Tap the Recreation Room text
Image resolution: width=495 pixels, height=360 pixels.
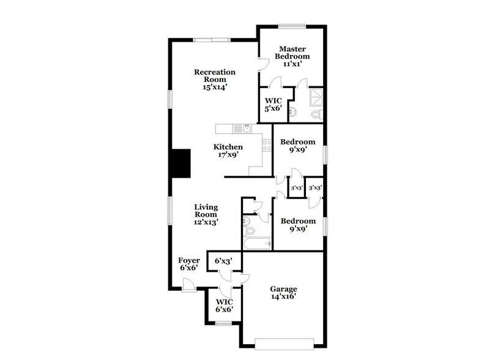tap(215, 76)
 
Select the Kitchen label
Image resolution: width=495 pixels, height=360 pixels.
tap(228, 147)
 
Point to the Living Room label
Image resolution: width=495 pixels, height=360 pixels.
tap(206, 211)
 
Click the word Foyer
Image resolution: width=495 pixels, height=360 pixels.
tap(189, 261)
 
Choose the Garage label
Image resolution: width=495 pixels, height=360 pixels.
tap(284, 289)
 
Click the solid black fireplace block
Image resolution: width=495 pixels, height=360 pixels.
tap(181, 163)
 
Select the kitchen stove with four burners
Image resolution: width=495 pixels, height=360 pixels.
tap(267, 145)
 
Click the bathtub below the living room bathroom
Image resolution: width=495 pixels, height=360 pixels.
tap(257, 244)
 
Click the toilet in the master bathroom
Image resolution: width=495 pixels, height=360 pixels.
tap(316, 114)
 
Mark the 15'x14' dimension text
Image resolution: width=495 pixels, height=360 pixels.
tap(215, 87)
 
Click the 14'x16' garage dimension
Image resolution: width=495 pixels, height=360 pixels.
tap(284, 296)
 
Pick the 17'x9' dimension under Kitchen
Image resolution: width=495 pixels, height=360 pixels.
tap(228, 155)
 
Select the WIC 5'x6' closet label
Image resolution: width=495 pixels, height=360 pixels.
tap(272, 105)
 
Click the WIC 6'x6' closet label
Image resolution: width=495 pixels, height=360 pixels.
tap(223, 305)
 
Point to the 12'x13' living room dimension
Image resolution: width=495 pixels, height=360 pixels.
tap(206, 222)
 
